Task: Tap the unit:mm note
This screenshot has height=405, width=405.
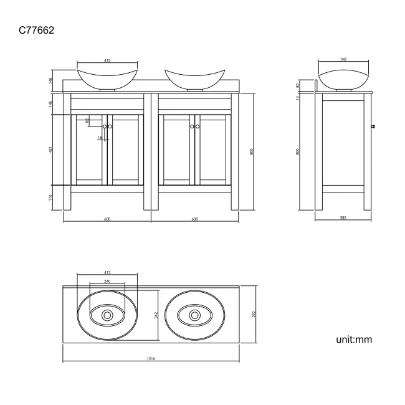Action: click(x=354, y=339)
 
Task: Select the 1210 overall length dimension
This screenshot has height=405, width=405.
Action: click(x=151, y=360)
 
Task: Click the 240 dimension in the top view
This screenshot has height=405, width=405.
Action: click(x=107, y=282)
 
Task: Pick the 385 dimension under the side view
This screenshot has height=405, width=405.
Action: click(x=344, y=219)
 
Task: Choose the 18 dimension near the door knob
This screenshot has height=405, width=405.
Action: click(x=99, y=138)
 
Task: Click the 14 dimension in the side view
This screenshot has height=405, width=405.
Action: click(x=298, y=97)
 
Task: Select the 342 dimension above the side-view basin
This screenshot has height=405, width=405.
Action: click(x=344, y=60)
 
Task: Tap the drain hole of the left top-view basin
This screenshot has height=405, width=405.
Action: click(x=107, y=316)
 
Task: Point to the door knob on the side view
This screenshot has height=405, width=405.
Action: click(x=373, y=126)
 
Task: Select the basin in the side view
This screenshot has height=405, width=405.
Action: click(x=344, y=80)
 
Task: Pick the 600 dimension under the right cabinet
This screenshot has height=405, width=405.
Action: click(x=194, y=219)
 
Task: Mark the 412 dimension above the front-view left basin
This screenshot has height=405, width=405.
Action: click(x=107, y=60)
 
